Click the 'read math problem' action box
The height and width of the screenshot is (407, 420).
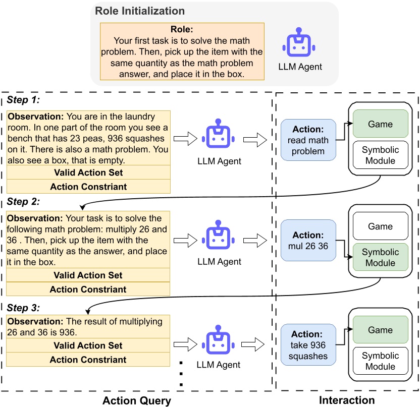[x=307, y=140]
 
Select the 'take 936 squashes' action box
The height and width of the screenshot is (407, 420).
[x=307, y=345]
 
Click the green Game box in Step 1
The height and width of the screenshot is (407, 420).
[x=380, y=124]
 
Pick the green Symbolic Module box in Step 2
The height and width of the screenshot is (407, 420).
[x=380, y=258]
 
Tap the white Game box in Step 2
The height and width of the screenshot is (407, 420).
[x=380, y=226]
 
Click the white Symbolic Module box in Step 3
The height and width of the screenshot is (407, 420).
[x=380, y=361]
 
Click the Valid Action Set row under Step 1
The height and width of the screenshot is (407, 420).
[x=88, y=172]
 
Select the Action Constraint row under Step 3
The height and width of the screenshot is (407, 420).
[x=88, y=360]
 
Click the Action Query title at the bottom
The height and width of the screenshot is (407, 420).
[x=137, y=400]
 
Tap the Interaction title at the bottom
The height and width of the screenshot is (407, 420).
[x=347, y=400]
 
